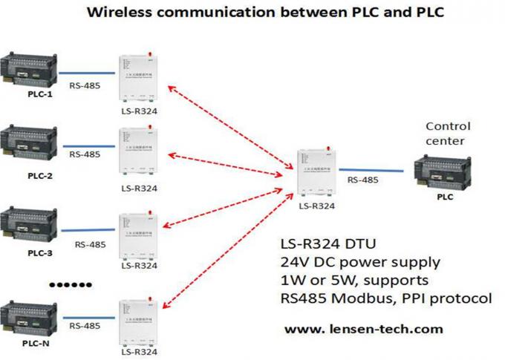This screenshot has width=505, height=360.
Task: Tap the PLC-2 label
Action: (40, 176)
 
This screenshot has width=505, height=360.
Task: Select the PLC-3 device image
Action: (28, 227)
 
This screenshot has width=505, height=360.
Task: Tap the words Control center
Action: (448, 133)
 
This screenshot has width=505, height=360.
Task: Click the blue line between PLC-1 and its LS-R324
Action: (87, 73)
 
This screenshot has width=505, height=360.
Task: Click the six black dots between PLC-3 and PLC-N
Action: (70, 284)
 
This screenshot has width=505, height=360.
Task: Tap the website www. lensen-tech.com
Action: (364, 328)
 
